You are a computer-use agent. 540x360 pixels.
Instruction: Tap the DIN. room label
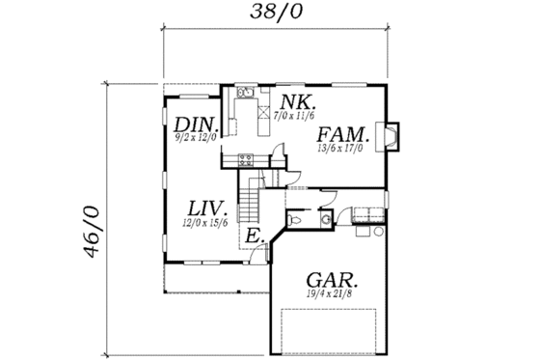(x=198, y=125)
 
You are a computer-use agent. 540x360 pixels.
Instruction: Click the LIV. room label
(x=206, y=209)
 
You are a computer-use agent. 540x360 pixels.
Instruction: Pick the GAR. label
(x=330, y=280)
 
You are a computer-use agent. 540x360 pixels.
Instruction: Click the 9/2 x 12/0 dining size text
(x=198, y=139)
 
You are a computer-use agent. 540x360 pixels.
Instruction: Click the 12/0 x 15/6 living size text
(x=205, y=223)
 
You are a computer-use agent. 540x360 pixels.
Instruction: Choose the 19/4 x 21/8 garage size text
(x=330, y=293)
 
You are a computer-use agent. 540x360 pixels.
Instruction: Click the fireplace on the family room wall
(x=391, y=136)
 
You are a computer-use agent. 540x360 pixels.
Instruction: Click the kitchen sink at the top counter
(x=245, y=95)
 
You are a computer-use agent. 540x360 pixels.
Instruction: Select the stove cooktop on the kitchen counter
(x=245, y=159)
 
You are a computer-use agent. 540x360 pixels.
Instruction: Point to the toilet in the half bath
(x=298, y=221)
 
